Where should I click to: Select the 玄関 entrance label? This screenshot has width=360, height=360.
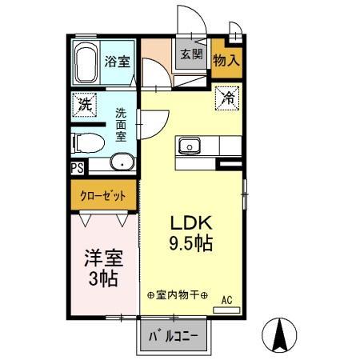click(190, 55)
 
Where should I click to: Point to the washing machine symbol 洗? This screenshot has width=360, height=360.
click(84, 103)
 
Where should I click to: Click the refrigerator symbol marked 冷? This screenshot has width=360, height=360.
click(229, 100)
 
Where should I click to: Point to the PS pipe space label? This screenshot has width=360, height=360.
click(77, 168)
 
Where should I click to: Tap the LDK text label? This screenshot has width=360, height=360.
click(189, 225)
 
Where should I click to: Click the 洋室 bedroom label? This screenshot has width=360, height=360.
click(103, 259)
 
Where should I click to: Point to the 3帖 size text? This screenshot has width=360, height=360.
click(103, 279)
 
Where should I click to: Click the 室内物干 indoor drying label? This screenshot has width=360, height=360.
click(178, 296)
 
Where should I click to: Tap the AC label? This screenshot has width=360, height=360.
click(226, 300)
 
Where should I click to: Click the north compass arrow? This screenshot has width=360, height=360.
click(282, 333)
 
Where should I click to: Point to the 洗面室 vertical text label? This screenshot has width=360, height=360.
click(121, 125)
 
